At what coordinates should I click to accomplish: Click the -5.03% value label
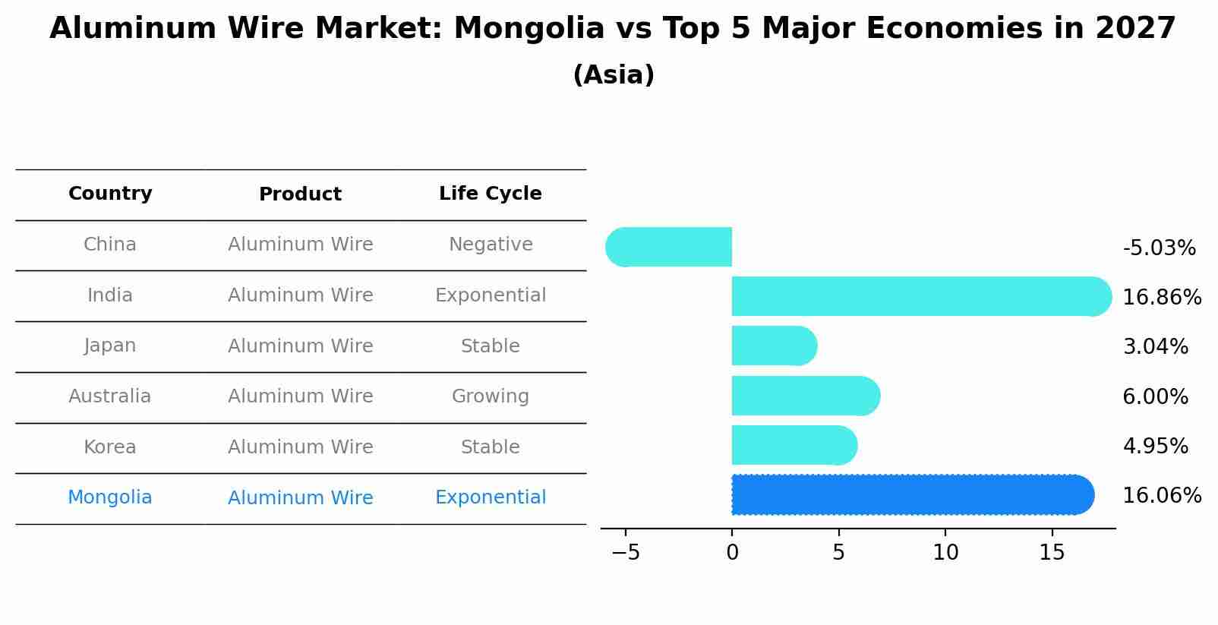1159,248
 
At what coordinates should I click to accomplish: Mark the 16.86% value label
1162,297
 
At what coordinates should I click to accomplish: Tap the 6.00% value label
1155,396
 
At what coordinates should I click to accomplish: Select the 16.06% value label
1162,496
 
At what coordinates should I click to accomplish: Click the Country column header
110,194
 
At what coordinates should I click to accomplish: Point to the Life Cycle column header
490,194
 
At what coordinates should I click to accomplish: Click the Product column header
300,194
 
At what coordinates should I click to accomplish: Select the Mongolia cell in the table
110,497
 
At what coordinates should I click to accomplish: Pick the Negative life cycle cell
491,245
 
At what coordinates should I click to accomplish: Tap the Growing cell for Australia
491,396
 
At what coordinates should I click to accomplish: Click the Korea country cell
110,447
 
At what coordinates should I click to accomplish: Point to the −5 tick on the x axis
626,553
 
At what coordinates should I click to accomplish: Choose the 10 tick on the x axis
945,553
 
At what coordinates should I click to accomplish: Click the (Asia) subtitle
614,75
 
